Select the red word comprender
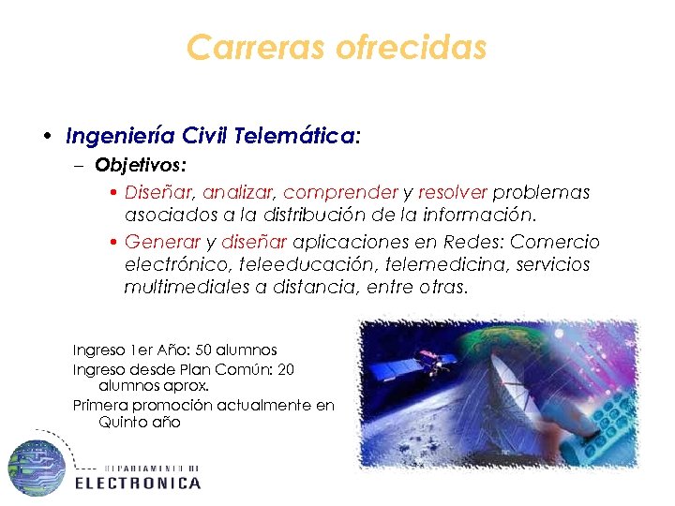point(340,192)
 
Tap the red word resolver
point(453,192)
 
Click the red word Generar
point(163,242)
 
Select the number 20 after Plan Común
point(286,369)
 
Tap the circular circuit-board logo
point(37,468)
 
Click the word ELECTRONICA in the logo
point(138,484)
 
